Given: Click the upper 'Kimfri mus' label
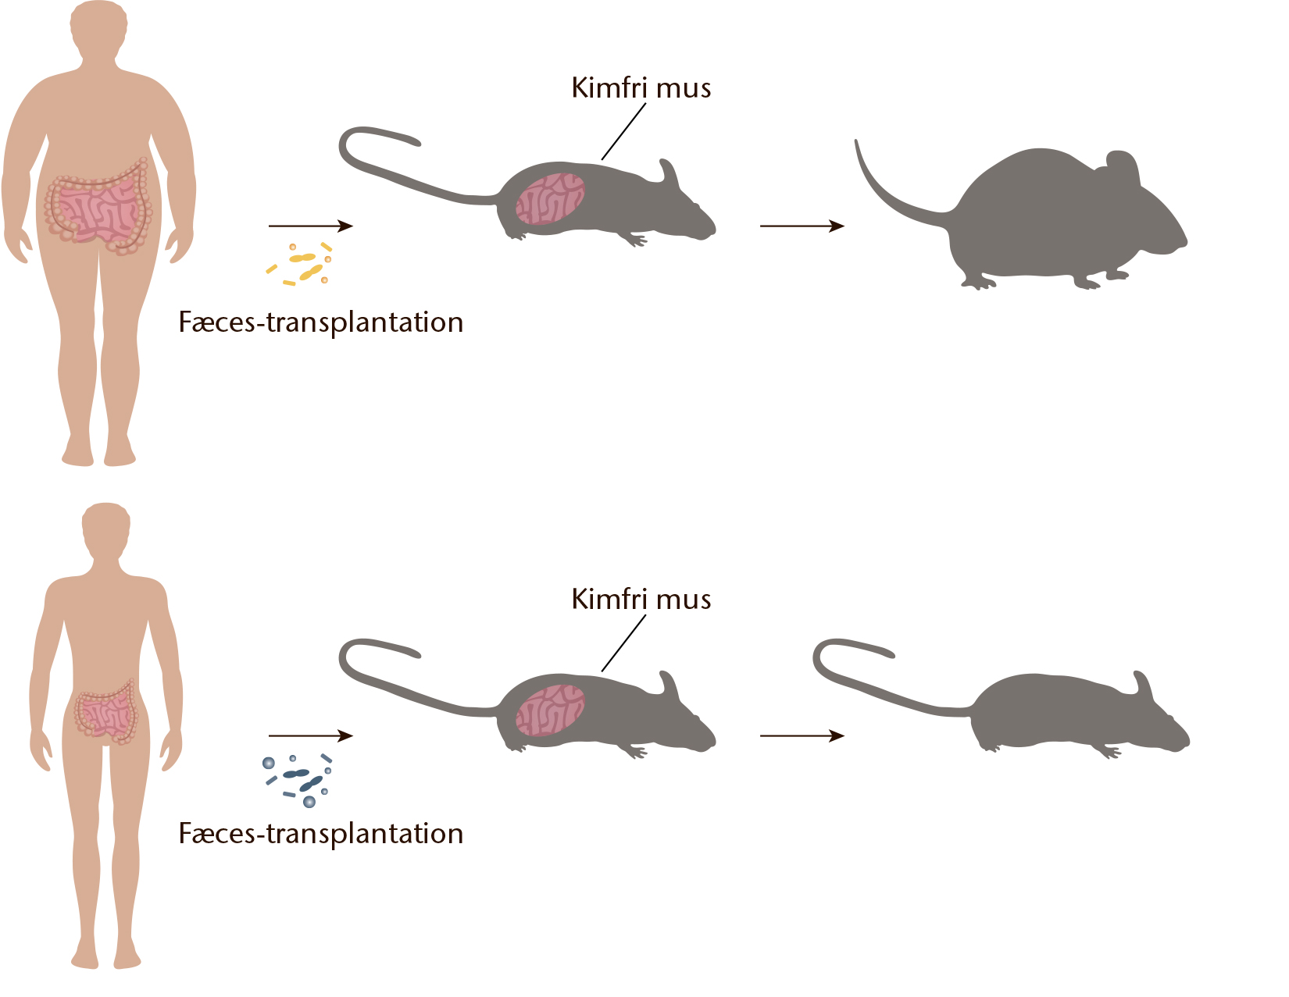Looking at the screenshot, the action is click(641, 87).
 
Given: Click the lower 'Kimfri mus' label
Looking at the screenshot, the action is click(641, 600).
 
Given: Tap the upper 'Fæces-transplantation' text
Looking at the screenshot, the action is click(321, 323).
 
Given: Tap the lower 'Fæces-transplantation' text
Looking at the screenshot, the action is click(321, 834).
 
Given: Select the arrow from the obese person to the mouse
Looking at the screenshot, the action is click(311, 226).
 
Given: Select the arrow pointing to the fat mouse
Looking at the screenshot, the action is click(802, 226).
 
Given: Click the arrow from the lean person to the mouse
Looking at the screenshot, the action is click(311, 735).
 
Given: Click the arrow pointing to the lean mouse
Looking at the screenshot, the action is click(802, 735).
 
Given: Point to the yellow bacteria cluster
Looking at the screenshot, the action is click(300, 264).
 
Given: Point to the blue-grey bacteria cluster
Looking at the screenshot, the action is click(298, 780).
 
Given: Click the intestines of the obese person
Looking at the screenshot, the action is click(98, 208).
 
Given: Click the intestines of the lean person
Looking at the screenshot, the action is click(105, 712).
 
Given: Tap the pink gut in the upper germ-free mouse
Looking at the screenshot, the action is click(550, 199).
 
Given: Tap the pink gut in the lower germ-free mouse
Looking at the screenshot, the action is click(550, 710).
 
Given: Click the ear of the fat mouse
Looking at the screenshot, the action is click(1121, 166).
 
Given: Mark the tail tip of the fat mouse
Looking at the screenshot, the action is click(856, 141).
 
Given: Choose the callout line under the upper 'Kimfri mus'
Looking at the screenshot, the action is click(623, 132).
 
